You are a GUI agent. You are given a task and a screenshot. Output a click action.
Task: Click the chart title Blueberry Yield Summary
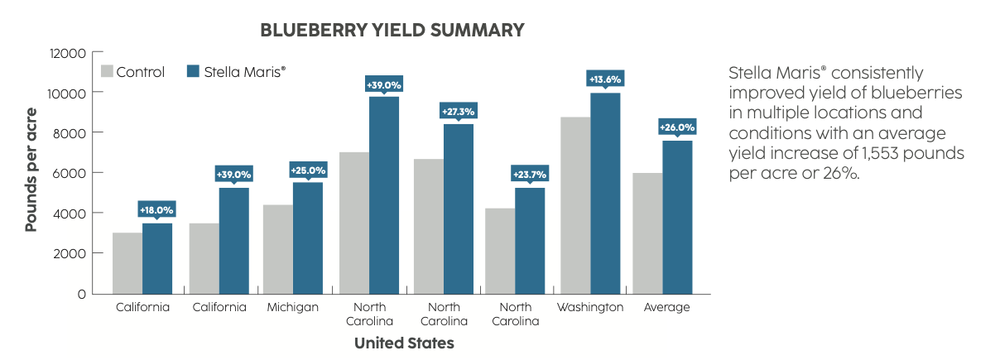pyautogui.click(x=392, y=30)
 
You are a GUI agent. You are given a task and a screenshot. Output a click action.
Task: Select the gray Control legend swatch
pyautogui.click(x=107, y=71)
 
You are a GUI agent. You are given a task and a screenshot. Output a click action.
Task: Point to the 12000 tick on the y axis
pyautogui.click(x=69, y=53)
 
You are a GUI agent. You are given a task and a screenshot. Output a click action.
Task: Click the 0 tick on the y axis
pyautogui.click(x=80, y=294)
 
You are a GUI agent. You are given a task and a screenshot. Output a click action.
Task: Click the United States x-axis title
pyautogui.click(x=404, y=343)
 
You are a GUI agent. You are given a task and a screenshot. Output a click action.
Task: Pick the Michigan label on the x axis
pyautogui.click(x=292, y=308)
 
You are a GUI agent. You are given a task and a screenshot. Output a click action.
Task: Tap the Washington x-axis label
pyautogui.click(x=589, y=308)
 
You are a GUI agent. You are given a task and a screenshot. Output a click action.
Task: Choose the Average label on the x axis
pyautogui.click(x=666, y=308)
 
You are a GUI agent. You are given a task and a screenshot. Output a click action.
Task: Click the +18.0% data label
pyautogui.click(x=156, y=210)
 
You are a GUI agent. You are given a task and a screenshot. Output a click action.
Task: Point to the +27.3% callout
pyautogui.click(x=457, y=111)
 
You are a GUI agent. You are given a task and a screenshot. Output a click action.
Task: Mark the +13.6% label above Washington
pyautogui.click(x=604, y=79)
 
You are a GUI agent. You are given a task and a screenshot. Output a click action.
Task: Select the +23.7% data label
pyautogui.click(x=530, y=175)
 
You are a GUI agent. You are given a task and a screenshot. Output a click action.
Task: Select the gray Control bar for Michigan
pyautogui.click(x=277, y=249)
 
